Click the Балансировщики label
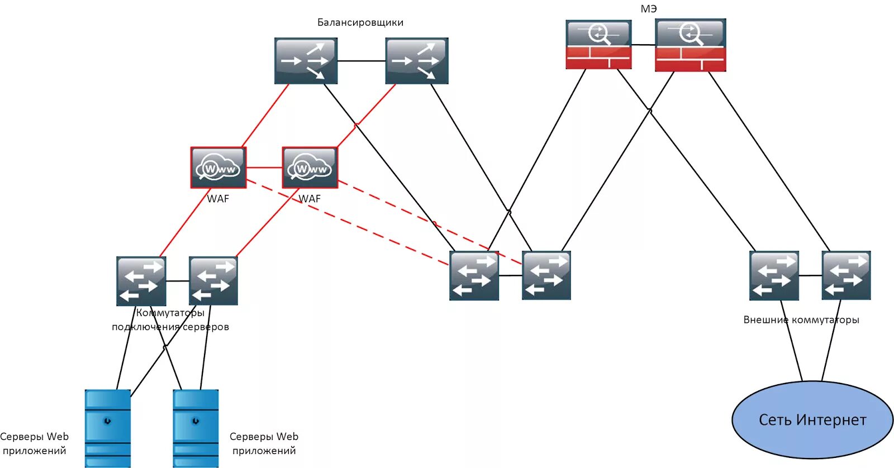coord(360,22)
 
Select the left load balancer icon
coord(306,61)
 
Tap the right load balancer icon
coord(417,61)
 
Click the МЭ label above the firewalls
coord(649,8)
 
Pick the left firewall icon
coord(598,44)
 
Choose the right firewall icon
coord(691,45)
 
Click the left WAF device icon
coord(218,168)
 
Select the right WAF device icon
coord(310,168)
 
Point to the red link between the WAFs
coord(264,168)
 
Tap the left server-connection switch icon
coord(141,281)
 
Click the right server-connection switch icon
coord(213,281)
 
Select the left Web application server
coord(108,428)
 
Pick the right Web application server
coord(196,428)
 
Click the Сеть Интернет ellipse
coord(812,420)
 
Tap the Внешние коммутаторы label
coord(801,319)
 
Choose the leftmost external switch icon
coord(774,275)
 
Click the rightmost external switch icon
coord(846,275)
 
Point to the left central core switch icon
coord(474,275)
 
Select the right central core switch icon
coord(546,275)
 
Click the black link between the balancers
coord(361,61)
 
